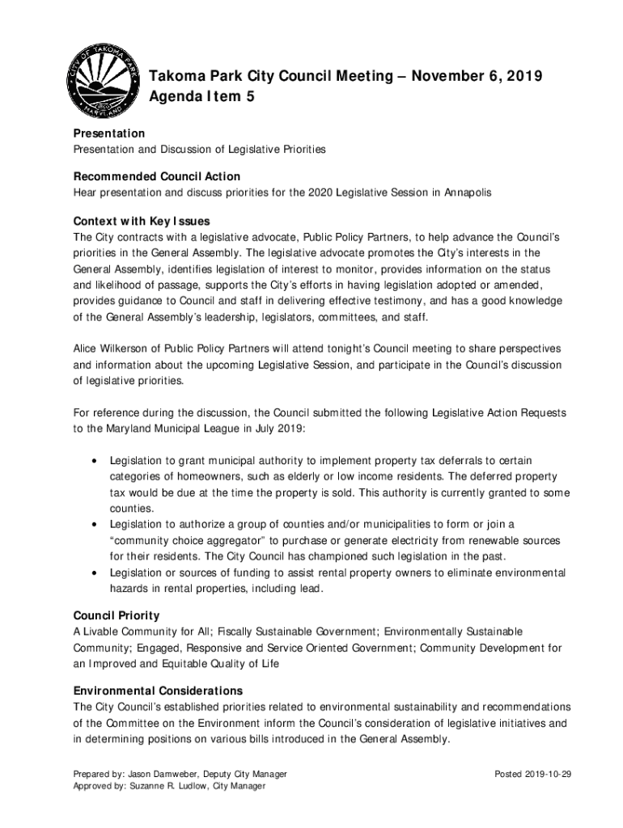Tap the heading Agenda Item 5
coord(197,99)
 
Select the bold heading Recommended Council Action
coord(157,176)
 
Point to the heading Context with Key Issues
coord(142,221)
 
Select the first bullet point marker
coord(95,461)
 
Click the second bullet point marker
coord(95,524)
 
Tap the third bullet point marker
coord(95,572)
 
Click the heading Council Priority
coord(117,615)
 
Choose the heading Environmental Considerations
coord(158,691)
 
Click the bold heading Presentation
coord(109,133)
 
